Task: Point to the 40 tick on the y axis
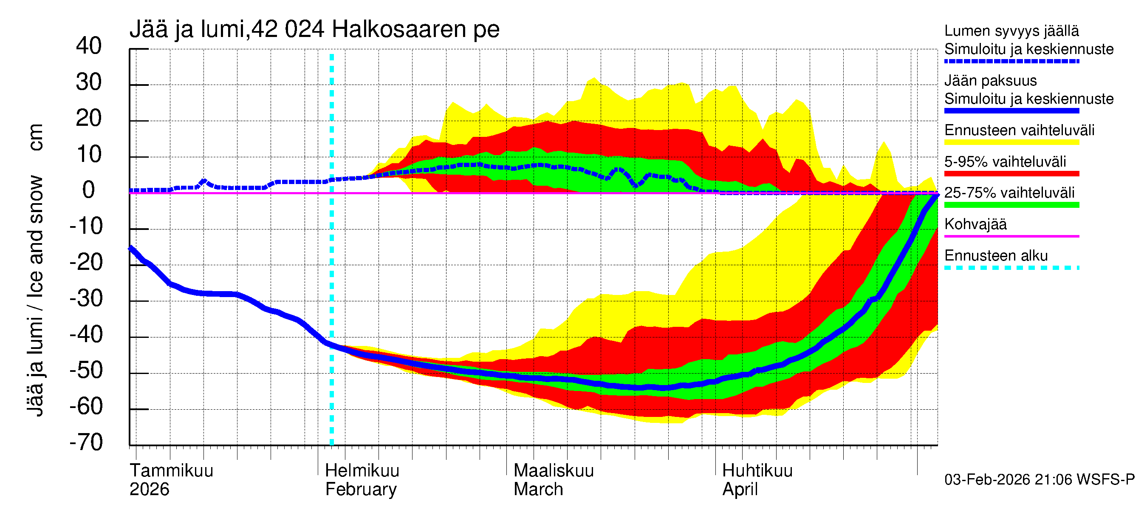tap(89, 46)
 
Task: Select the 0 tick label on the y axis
tap(89, 190)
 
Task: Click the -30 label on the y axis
tap(86, 298)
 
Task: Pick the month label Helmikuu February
tap(362, 480)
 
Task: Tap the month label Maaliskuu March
tap(554, 480)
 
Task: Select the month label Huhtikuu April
tap(757, 480)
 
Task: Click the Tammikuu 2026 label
tap(171, 480)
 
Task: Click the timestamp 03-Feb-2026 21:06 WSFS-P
tap(1039, 479)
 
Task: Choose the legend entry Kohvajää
tap(975, 224)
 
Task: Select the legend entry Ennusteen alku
tap(996, 256)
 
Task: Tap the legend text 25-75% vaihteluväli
tap(1009, 193)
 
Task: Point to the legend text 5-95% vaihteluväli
tap(1005, 161)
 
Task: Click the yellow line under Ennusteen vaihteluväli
tap(1011, 142)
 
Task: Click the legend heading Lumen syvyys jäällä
tap(1011, 31)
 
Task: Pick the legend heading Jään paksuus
tap(990, 81)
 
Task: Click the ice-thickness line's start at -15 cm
tap(131, 248)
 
